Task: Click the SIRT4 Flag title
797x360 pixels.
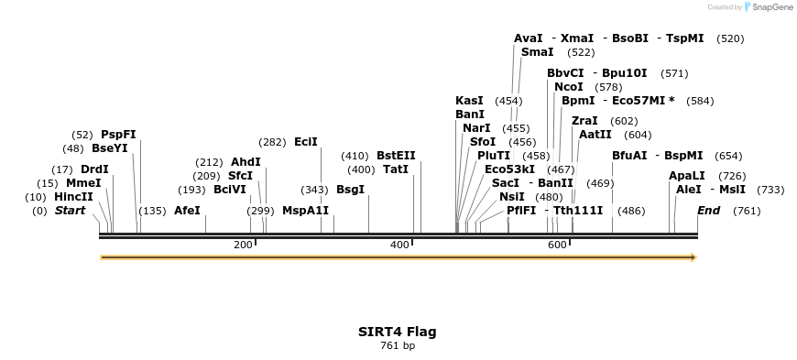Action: (397, 332)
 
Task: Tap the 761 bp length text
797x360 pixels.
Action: (397, 345)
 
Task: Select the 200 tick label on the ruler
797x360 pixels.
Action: (243, 245)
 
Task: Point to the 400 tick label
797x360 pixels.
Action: (399, 245)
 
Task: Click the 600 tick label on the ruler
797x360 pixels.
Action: (557, 245)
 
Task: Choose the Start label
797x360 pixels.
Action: (70, 211)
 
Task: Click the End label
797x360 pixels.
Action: (708, 211)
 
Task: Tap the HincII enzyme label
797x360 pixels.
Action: (73, 196)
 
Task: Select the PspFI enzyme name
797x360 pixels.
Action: (118, 134)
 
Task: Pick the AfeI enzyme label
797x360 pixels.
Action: (187, 211)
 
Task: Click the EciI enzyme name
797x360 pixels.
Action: (306, 142)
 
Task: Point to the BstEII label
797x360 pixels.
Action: (396, 156)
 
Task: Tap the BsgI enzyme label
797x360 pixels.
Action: (350, 190)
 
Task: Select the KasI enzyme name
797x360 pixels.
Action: (469, 101)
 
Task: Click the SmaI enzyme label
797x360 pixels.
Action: (537, 52)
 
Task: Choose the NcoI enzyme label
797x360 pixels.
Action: (569, 87)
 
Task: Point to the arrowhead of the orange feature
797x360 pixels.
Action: (693, 257)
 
